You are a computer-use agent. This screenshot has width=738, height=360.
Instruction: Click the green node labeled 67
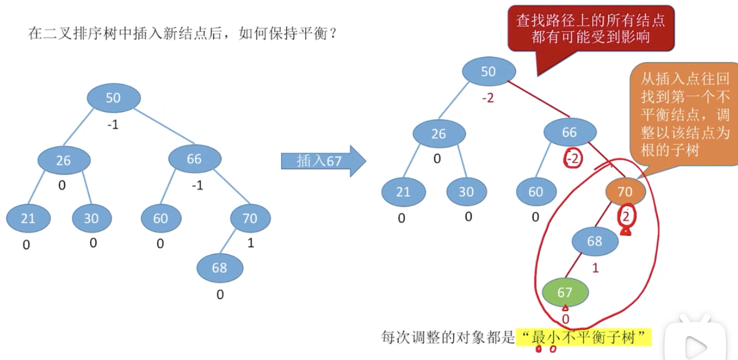pos(564,293)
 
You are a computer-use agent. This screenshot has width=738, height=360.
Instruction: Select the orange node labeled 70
pos(625,192)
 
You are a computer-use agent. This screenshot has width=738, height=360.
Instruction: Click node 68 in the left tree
pos(220,267)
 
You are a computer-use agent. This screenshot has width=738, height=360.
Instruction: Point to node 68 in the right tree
pos(594,242)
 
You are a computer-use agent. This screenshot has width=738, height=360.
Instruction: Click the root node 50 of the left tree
pos(113,98)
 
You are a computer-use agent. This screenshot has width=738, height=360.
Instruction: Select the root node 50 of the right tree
pos(489,72)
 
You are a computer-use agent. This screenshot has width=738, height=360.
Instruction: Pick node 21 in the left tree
pos(28,218)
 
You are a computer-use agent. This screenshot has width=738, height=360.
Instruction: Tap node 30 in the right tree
pos(466,192)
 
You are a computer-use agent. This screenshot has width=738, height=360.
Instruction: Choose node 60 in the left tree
pos(161,218)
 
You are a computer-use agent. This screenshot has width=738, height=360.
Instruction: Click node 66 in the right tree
pos(569,133)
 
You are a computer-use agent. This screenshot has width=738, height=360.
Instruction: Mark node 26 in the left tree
pos(63,161)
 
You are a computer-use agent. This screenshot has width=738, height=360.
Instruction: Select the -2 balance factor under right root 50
pos(487,98)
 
